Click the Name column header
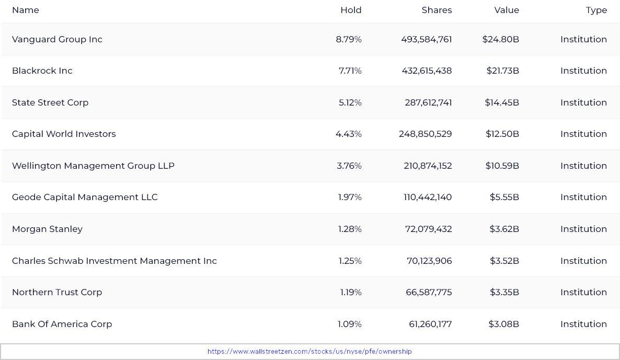tap(25, 10)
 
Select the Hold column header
tap(351, 10)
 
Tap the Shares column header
tap(437, 10)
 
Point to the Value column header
tap(507, 10)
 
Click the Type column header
tap(596, 10)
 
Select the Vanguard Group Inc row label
tap(57, 40)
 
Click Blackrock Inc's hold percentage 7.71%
tap(350, 71)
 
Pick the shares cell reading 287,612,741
tap(428, 103)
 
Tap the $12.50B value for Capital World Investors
tap(502, 134)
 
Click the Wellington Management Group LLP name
tap(93, 166)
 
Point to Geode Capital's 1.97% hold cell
tap(350, 198)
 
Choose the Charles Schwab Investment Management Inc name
tap(114, 261)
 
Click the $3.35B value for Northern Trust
tap(504, 293)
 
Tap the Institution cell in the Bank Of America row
tap(583, 324)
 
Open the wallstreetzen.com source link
tap(309, 352)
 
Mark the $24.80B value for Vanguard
tap(500, 40)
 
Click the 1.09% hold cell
tap(349, 324)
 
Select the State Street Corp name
tap(50, 103)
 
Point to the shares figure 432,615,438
tap(427, 71)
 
